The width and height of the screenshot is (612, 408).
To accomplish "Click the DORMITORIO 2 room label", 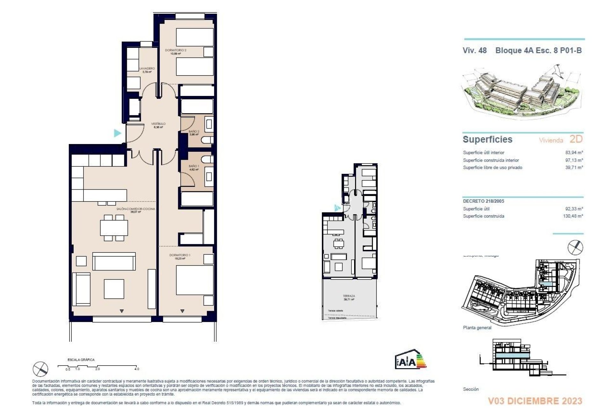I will (x=175, y=50).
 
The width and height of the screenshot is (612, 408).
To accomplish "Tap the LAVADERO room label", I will (x=147, y=69).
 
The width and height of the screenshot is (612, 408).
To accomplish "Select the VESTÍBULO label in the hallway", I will (x=158, y=124).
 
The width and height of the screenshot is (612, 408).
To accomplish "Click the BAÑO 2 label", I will (x=194, y=131).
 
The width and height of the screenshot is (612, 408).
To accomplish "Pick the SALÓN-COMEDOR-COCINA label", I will (x=135, y=209).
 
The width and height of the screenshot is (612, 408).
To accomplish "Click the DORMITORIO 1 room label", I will (x=180, y=255).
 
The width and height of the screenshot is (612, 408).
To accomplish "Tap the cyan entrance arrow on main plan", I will (x=118, y=133).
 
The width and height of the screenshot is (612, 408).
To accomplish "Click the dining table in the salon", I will (x=114, y=228).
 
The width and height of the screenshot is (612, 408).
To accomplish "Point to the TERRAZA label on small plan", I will (x=349, y=296).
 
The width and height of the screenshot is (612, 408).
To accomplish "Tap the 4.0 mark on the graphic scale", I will (x=137, y=369).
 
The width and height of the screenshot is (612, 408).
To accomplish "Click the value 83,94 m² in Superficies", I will (x=574, y=153).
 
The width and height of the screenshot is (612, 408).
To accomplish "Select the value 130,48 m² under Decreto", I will (x=573, y=216).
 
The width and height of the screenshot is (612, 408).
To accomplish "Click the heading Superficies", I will (x=487, y=139).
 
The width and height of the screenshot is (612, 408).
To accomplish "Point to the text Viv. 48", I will (x=475, y=50).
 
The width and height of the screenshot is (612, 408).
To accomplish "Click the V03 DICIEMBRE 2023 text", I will (x=535, y=401).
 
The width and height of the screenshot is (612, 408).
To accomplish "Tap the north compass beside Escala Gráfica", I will (x=41, y=369).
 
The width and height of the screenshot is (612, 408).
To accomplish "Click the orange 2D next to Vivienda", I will (x=576, y=139).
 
